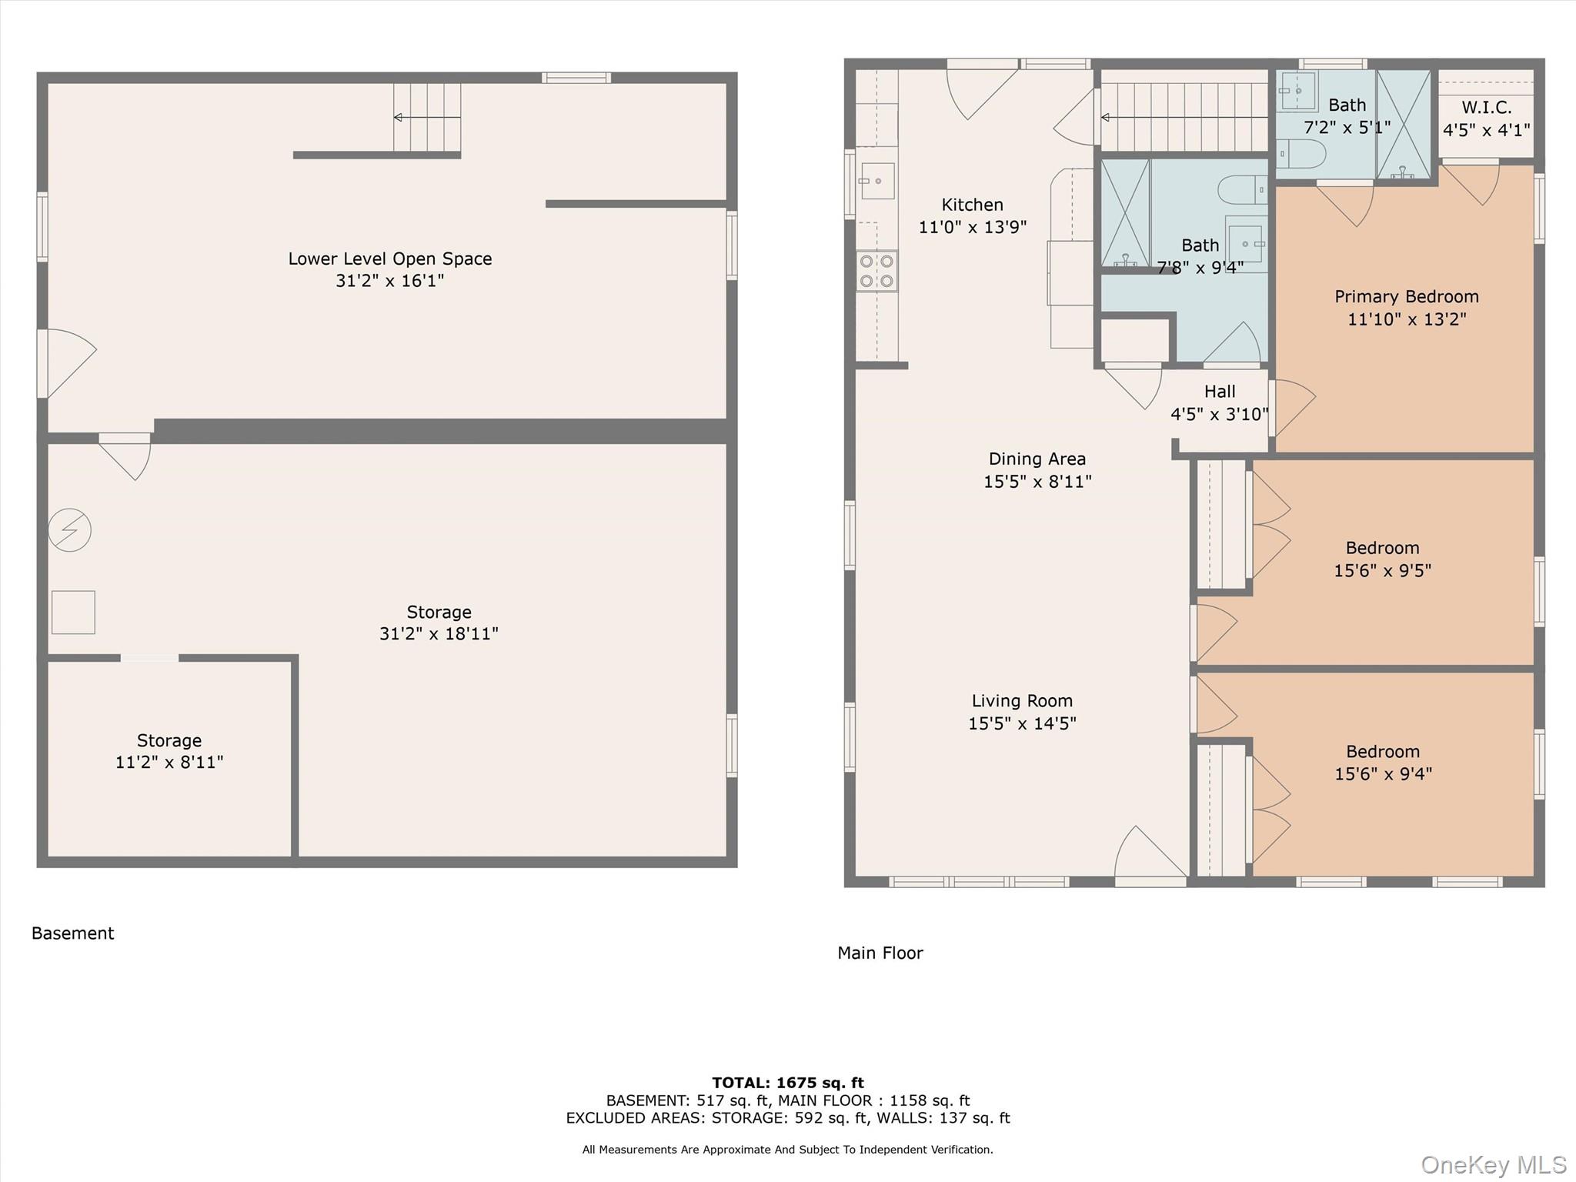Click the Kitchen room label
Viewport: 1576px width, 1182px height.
[972, 205]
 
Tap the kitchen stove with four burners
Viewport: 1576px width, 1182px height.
[876, 271]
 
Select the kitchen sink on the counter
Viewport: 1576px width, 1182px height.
[876, 181]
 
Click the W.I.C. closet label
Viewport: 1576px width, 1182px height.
[1486, 108]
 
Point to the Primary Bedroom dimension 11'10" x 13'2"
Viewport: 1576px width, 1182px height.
[1406, 319]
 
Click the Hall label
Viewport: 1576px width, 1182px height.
[1220, 392]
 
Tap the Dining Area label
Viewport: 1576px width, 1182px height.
[1037, 459]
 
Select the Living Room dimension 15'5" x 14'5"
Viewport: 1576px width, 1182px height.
[1021, 723]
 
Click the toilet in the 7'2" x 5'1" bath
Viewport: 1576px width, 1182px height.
[1303, 154]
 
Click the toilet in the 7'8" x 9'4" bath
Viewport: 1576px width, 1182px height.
[1241, 189]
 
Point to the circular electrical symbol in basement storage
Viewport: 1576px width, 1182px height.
[70, 529]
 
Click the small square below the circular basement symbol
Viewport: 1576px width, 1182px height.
[73, 613]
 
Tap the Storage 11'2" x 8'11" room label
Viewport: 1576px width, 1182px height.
[169, 740]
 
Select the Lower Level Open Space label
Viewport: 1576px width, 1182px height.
[389, 259]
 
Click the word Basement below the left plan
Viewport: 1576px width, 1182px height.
[72, 933]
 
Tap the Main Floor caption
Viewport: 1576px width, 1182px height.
[880, 953]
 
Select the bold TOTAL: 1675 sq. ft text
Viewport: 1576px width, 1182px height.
[787, 1083]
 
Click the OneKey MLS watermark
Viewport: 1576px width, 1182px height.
[1493, 1165]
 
